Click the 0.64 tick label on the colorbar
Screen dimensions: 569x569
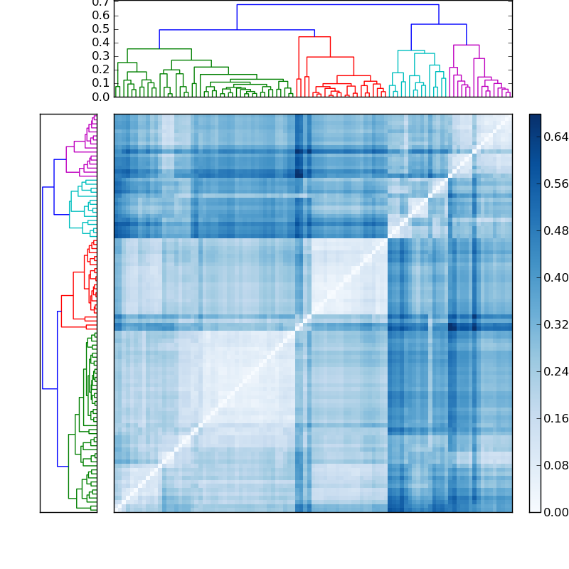point(557,137)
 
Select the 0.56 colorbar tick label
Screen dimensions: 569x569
point(557,184)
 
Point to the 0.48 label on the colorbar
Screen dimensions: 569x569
point(557,230)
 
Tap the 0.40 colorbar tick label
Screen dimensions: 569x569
point(557,277)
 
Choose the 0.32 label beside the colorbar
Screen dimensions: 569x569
point(557,324)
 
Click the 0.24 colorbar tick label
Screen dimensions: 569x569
point(557,371)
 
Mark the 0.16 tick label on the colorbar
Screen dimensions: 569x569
point(557,418)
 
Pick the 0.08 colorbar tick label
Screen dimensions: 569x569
point(557,465)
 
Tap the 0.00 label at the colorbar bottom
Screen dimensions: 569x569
point(557,512)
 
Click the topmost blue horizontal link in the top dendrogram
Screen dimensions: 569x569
point(338,5)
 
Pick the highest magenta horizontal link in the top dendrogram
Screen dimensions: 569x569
point(466,45)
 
